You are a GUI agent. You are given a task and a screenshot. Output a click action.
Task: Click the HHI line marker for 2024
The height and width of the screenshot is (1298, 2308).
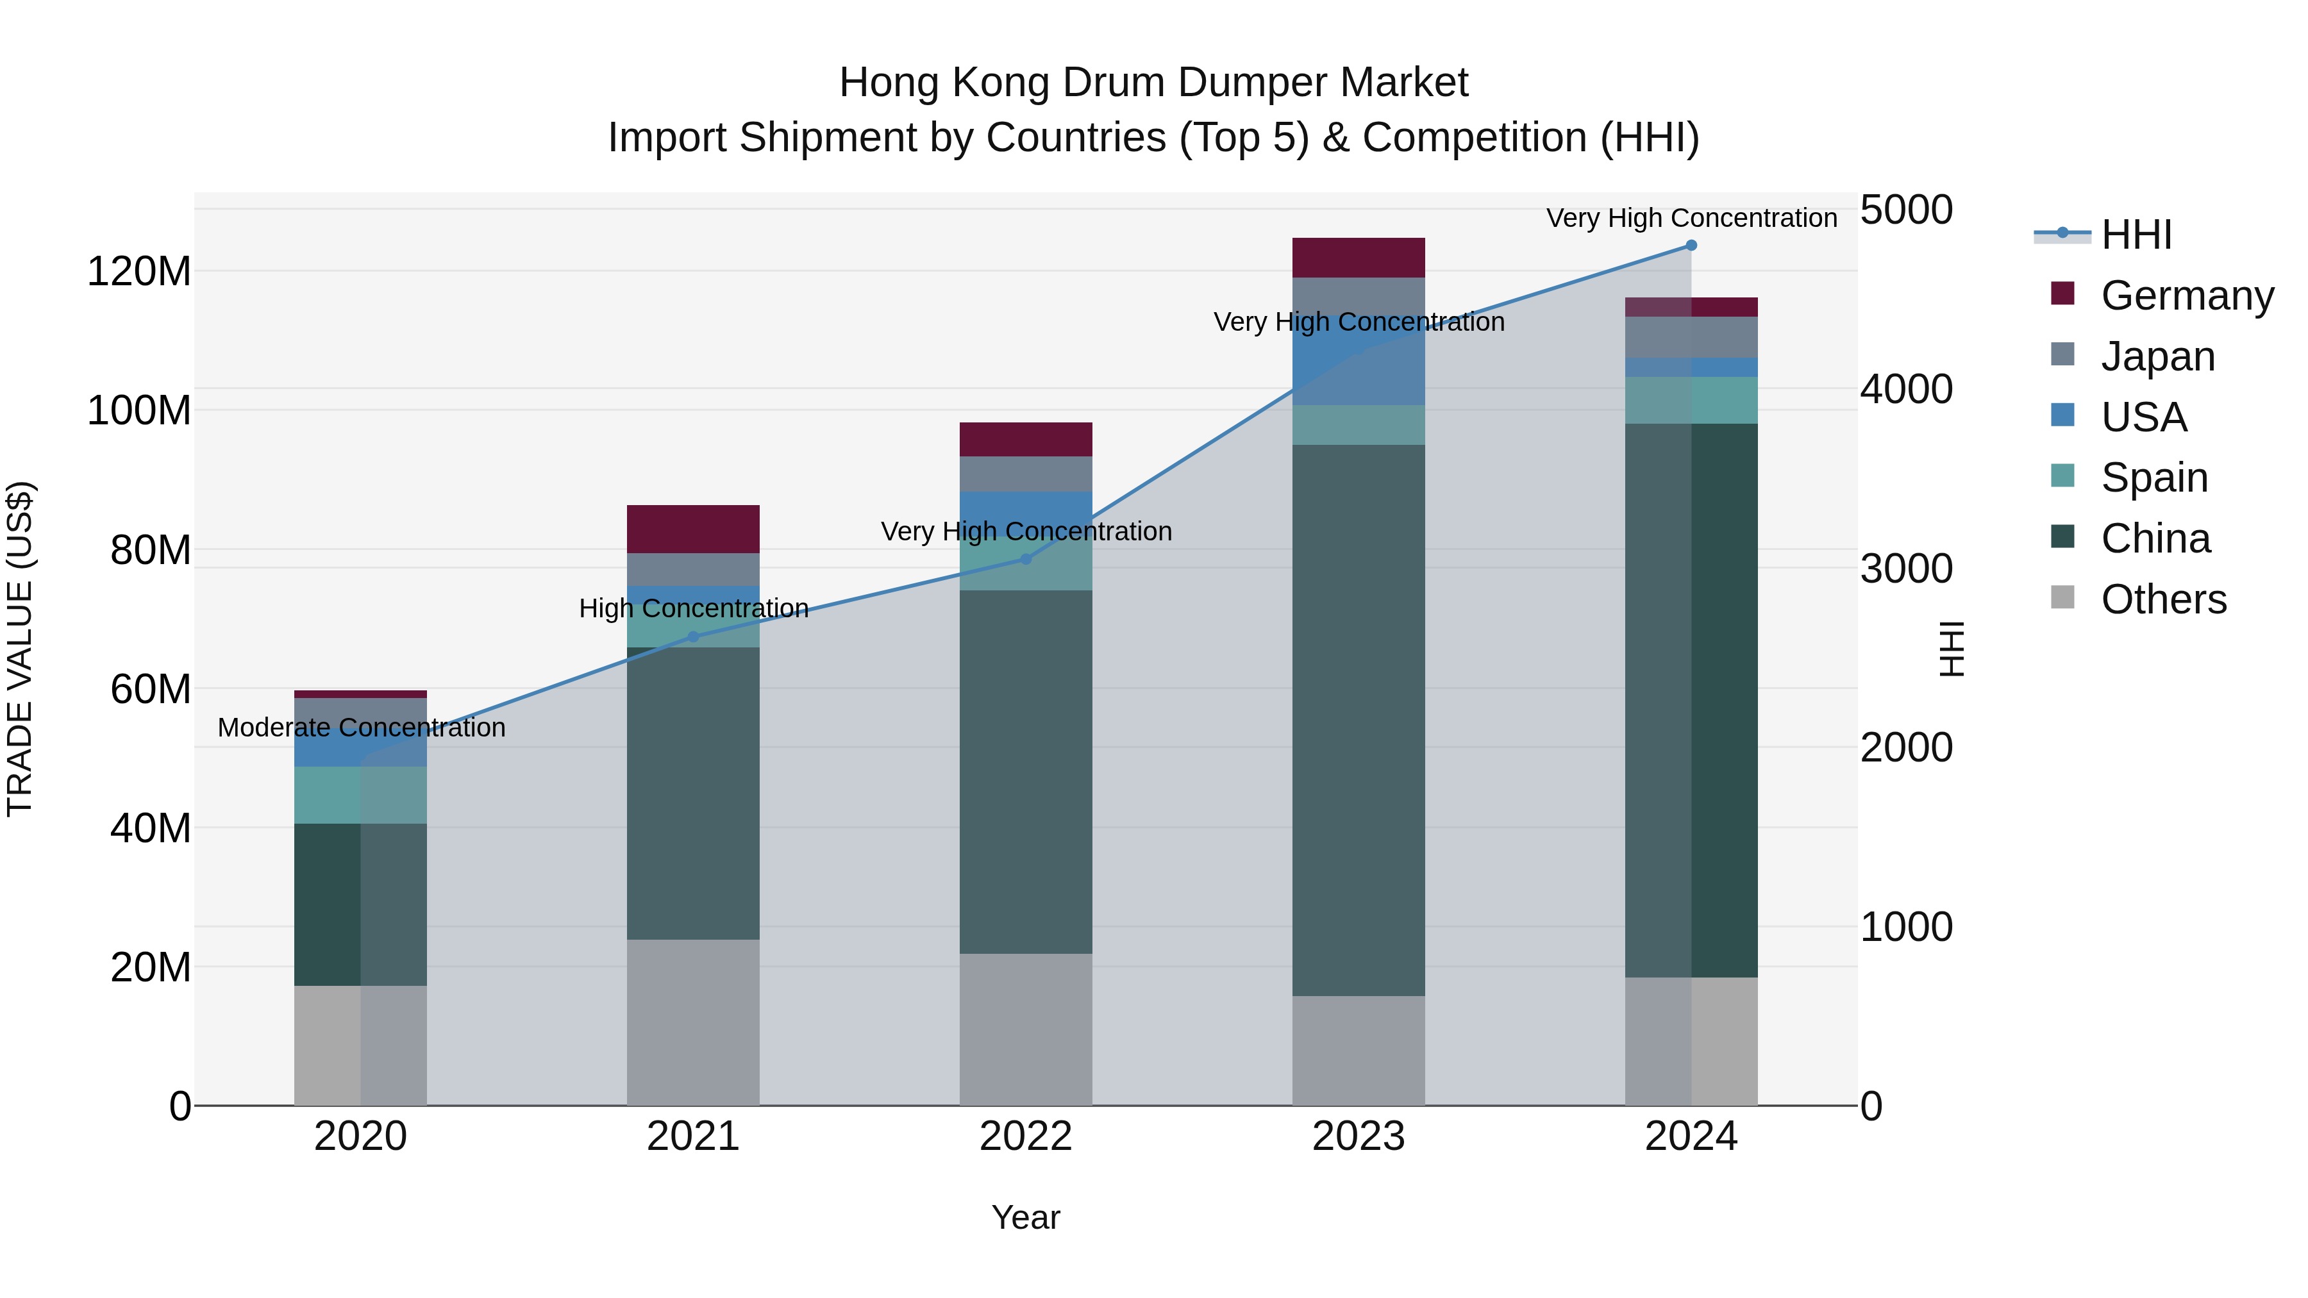[1691, 245]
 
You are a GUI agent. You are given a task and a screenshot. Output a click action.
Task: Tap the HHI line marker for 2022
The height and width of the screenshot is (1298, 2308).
[1026, 559]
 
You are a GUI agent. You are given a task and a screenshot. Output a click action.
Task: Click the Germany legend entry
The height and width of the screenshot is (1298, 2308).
[2186, 295]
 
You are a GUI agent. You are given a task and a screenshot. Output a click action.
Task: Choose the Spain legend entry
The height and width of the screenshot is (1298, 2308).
[2154, 478]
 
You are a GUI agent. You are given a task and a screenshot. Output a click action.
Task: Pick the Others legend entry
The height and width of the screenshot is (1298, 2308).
[2163, 599]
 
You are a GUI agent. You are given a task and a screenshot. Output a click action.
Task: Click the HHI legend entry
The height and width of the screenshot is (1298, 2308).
[2136, 235]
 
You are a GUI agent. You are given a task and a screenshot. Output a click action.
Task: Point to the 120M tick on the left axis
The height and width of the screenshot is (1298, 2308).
[139, 271]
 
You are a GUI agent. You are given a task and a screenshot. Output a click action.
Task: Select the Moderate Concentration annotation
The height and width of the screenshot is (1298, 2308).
[361, 728]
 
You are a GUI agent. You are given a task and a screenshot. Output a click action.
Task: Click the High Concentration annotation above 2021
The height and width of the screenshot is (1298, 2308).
[694, 608]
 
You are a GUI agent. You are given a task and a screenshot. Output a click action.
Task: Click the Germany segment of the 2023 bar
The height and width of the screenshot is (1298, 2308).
[1359, 258]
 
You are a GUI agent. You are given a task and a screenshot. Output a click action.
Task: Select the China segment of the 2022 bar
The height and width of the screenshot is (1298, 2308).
[1026, 771]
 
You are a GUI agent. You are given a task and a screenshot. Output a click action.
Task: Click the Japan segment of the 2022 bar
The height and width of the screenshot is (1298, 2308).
[1026, 474]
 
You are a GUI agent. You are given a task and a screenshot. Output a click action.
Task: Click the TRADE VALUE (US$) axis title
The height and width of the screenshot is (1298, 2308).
[20, 649]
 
